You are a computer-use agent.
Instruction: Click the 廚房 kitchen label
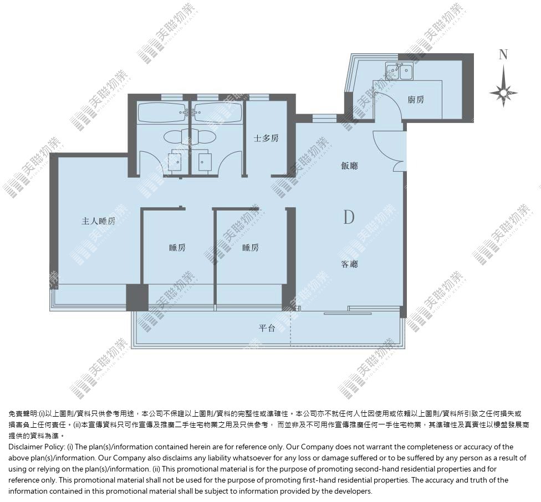click(x=416, y=100)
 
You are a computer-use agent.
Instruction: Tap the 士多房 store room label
click(x=266, y=139)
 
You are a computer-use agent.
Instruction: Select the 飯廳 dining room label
click(x=350, y=166)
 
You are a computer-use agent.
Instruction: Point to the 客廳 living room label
click(x=350, y=264)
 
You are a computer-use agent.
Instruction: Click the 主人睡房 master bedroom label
click(x=98, y=221)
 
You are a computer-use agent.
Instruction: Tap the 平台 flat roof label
click(x=267, y=328)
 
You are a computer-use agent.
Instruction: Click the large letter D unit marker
click(x=349, y=217)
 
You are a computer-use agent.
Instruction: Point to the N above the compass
click(x=503, y=54)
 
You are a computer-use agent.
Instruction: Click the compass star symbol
click(x=503, y=92)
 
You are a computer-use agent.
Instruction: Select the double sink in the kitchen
click(x=400, y=71)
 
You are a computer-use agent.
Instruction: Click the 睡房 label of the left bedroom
click(x=177, y=248)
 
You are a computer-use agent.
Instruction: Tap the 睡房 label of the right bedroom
click(x=251, y=248)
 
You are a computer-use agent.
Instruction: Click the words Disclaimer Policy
click(x=36, y=447)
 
